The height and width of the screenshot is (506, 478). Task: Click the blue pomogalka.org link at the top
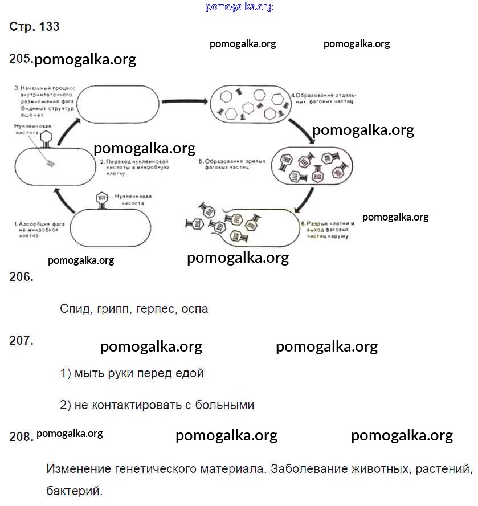(239, 7)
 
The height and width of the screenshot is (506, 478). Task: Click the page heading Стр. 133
(34, 27)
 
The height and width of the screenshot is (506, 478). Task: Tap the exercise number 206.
(22, 277)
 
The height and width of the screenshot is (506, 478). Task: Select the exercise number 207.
(22, 340)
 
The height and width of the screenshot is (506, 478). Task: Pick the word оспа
(195, 309)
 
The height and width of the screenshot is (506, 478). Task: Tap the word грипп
(112, 309)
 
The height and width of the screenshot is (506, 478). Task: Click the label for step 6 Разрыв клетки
(327, 230)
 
